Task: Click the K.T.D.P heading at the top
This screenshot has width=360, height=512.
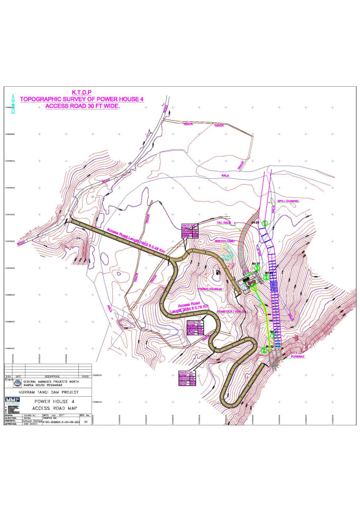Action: pyautogui.click(x=82, y=92)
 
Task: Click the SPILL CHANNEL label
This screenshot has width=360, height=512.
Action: pyautogui.click(x=288, y=202)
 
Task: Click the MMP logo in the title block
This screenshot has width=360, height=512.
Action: pyautogui.click(x=12, y=400)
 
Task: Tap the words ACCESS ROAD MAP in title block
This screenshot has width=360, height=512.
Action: pyautogui.click(x=55, y=408)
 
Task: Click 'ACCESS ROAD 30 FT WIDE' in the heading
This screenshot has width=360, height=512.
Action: pyautogui.click(x=82, y=106)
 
